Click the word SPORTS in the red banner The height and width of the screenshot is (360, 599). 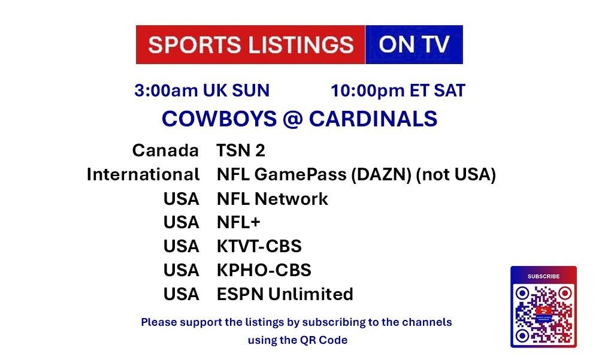(195, 45)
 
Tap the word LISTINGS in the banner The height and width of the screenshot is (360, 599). (301, 45)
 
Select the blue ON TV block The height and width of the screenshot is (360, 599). (414, 45)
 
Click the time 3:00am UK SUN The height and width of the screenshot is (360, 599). (202, 90)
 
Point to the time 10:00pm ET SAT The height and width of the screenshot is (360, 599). (398, 90)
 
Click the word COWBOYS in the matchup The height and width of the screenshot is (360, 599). (219, 119)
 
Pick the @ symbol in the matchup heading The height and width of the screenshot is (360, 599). (293, 119)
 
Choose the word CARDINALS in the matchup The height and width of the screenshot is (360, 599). (373, 119)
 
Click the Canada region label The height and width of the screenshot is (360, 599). (165, 150)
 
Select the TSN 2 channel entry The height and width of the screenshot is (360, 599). (241, 150)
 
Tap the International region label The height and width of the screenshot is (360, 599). (143, 174)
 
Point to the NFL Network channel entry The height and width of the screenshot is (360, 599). (273, 199)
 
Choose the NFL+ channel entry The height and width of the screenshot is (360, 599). (238, 222)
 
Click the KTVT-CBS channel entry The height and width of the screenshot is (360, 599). (259, 246)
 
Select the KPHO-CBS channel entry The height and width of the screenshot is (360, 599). (264, 270)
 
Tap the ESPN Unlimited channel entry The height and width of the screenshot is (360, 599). (285, 294)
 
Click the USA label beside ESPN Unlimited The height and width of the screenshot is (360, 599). (181, 294)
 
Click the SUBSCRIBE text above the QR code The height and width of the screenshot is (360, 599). (543, 276)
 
